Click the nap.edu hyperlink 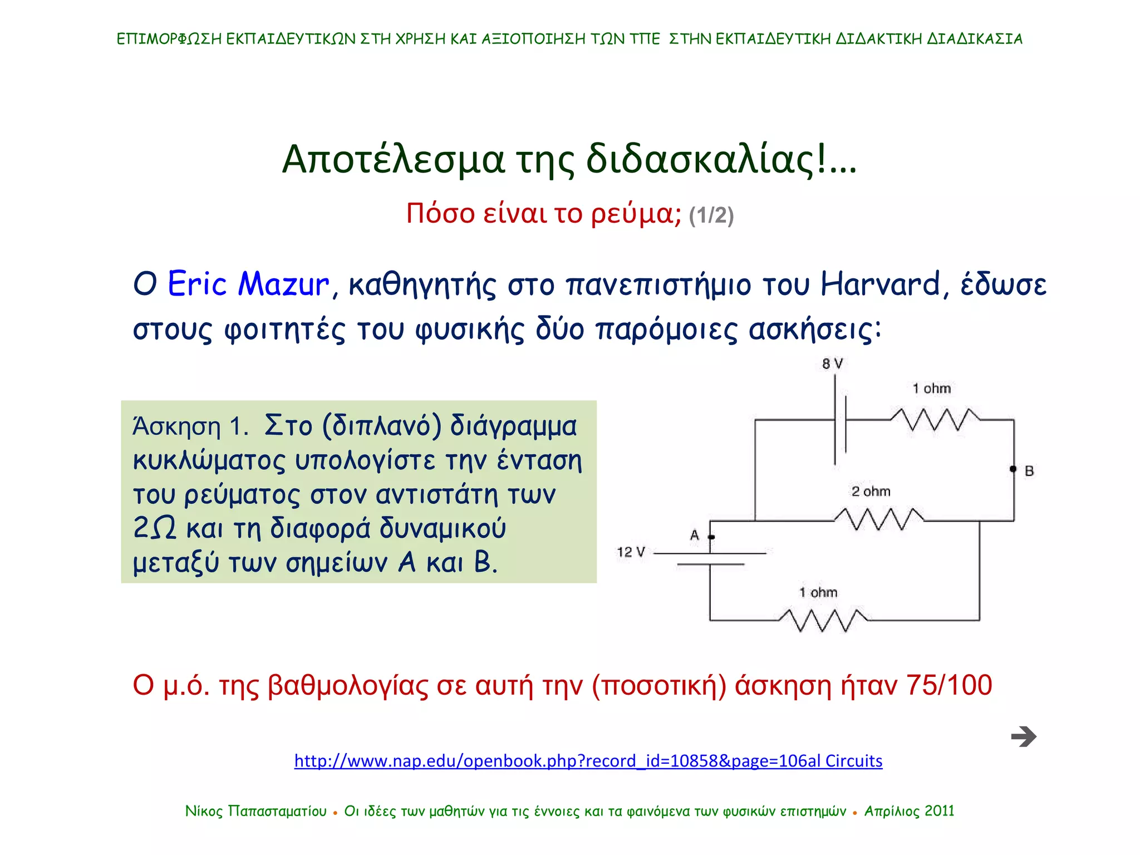[x=588, y=760]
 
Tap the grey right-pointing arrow [x=1024, y=736]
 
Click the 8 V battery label [x=832, y=364]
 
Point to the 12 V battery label [x=630, y=552]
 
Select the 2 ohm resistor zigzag [x=878, y=519]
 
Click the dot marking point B [x=1013, y=469]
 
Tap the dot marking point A [x=711, y=537]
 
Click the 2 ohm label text [x=871, y=492]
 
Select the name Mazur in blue [x=283, y=284]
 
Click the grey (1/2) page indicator [x=711, y=215]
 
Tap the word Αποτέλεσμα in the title [x=393, y=160]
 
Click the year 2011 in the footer [x=939, y=811]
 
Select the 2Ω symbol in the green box [x=154, y=528]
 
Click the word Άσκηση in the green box [x=177, y=427]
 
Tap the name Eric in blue [x=197, y=284]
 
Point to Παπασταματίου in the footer [x=277, y=811]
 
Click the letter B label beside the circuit [x=1029, y=471]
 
